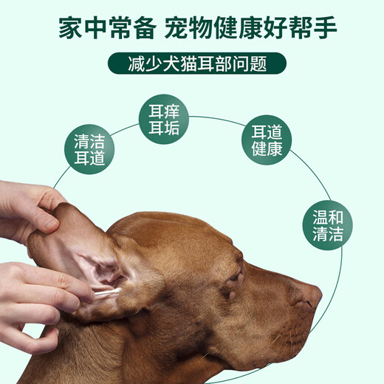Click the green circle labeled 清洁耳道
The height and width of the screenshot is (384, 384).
tap(95, 150)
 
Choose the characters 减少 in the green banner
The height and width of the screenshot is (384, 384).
tap(140, 63)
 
